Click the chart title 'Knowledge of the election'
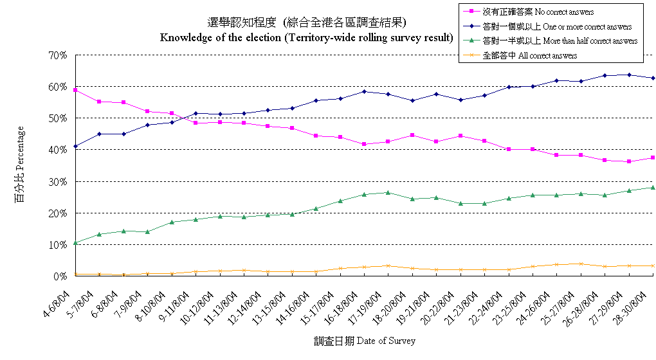pyautogui.click(x=305, y=37)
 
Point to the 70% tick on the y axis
pyautogui.click(x=59, y=55)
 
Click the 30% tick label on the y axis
pyautogui.click(x=59, y=182)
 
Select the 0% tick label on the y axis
pyautogui.click(x=61, y=276)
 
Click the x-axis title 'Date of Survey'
pyautogui.click(x=365, y=341)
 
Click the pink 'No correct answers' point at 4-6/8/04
pyautogui.click(x=75, y=90)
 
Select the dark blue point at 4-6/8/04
pyautogui.click(x=75, y=147)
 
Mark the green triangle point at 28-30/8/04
pyautogui.click(x=653, y=188)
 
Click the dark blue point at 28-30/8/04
pyautogui.click(x=653, y=78)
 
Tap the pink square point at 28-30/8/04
pyautogui.click(x=653, y=157)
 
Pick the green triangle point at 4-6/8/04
pyautogui.click(x=75, y=243)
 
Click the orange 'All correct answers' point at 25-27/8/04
pyautogui.click(x=581, y=264)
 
